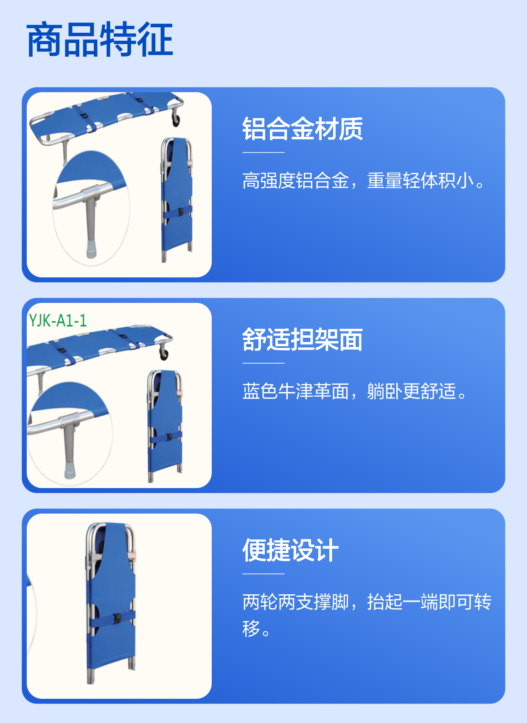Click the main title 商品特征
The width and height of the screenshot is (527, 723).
click(100, 40)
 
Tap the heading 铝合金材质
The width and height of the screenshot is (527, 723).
click(303, 129)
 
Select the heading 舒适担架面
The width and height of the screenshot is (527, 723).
click(303, 339)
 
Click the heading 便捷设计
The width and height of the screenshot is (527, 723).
click(290, 550)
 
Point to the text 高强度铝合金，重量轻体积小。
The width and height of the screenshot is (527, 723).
click(363, 181)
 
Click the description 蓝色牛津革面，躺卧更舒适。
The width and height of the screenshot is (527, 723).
click(354, 391)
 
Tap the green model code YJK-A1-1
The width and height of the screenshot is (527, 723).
click(58, 321)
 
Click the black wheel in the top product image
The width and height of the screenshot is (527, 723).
click(176, 120)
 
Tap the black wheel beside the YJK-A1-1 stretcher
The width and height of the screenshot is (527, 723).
click(164, 354)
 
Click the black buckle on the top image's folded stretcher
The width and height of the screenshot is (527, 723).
click(181, 212)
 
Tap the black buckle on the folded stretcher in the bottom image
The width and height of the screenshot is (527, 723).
click(117, 618)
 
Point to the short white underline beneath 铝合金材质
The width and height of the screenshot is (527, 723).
click(263, 153)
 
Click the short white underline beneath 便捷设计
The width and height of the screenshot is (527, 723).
click(263, 573)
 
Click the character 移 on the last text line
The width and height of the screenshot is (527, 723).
click(251, 628)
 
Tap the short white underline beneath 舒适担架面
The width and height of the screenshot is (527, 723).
click(263, 363)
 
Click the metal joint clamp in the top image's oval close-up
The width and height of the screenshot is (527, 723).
click(90, 192)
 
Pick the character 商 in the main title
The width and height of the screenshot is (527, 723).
click(45, 40)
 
